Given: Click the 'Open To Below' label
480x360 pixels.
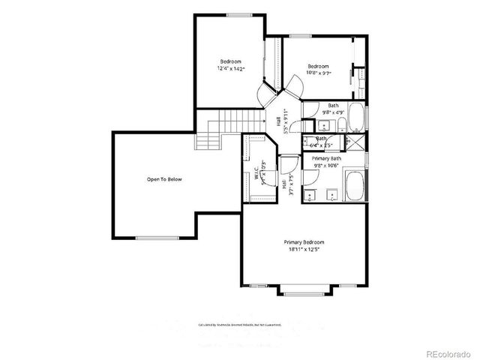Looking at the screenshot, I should pyautogui.click(x=164, y=179).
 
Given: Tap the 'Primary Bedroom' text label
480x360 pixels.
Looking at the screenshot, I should pyautogui.click(x=304, y=242).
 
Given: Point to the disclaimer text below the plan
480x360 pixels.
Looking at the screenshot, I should pyautogui.click(x=239, y=325).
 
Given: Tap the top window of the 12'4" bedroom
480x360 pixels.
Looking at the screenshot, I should pyautogui.click(x=238, y=14).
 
